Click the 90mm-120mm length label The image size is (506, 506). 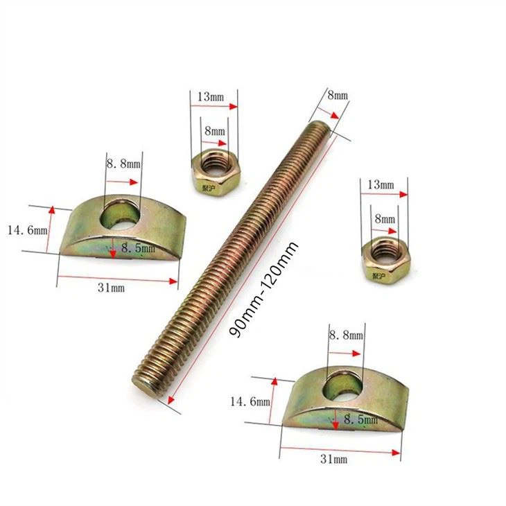tap(263, 290)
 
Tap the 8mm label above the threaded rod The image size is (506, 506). tap(338, 96)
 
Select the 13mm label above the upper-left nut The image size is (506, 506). tap(211, 97)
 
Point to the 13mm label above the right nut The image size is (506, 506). tap(381, 185)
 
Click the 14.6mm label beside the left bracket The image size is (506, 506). tap(28, 230)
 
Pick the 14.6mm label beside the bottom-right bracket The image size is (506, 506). tap(250, 402)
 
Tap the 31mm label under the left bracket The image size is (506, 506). tap(112, 288)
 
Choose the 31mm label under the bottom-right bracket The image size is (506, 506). tap(334, 459)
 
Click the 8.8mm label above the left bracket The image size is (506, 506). tap(124, 164)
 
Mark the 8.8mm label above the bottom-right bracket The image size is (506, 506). tap(347, 335)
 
